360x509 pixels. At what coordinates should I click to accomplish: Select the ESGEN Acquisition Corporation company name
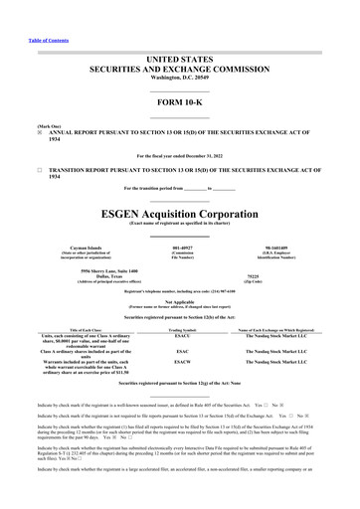179,213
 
